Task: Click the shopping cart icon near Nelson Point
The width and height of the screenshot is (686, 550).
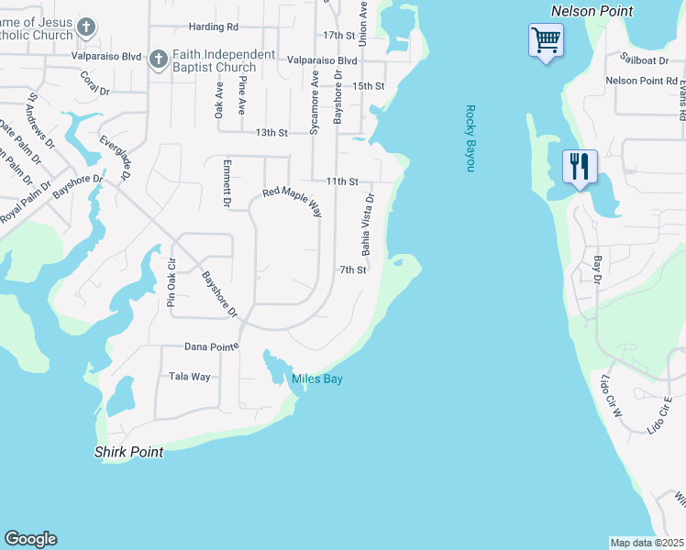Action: [x=546, y=40]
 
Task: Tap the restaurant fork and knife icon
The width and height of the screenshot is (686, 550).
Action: [x=580, y=167]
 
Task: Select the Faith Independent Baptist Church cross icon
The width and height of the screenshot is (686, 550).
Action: [x=157, y=60]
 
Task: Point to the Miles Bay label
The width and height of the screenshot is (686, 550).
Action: [x=317, y=379]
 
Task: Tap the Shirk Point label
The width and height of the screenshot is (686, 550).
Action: [x=129, y=452]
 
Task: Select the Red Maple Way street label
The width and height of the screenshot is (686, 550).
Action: [x=293, y=202]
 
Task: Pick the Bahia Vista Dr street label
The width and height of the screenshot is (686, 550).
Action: [x=368, y=224]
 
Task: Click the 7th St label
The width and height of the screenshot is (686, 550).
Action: [x=353, y=270]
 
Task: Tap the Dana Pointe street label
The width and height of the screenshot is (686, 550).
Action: [x=212, y=346]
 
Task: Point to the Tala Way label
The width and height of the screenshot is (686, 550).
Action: [x=190, y=377]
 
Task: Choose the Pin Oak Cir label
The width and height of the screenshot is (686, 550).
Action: [x=171, y=281]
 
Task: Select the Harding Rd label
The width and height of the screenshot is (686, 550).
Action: [x=213, y=28]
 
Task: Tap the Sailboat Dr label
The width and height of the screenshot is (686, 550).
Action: [x=644, y=60]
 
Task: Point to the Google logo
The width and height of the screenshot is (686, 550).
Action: [x=30, y=539]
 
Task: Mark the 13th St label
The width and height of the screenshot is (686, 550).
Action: [x=271, y=133]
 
